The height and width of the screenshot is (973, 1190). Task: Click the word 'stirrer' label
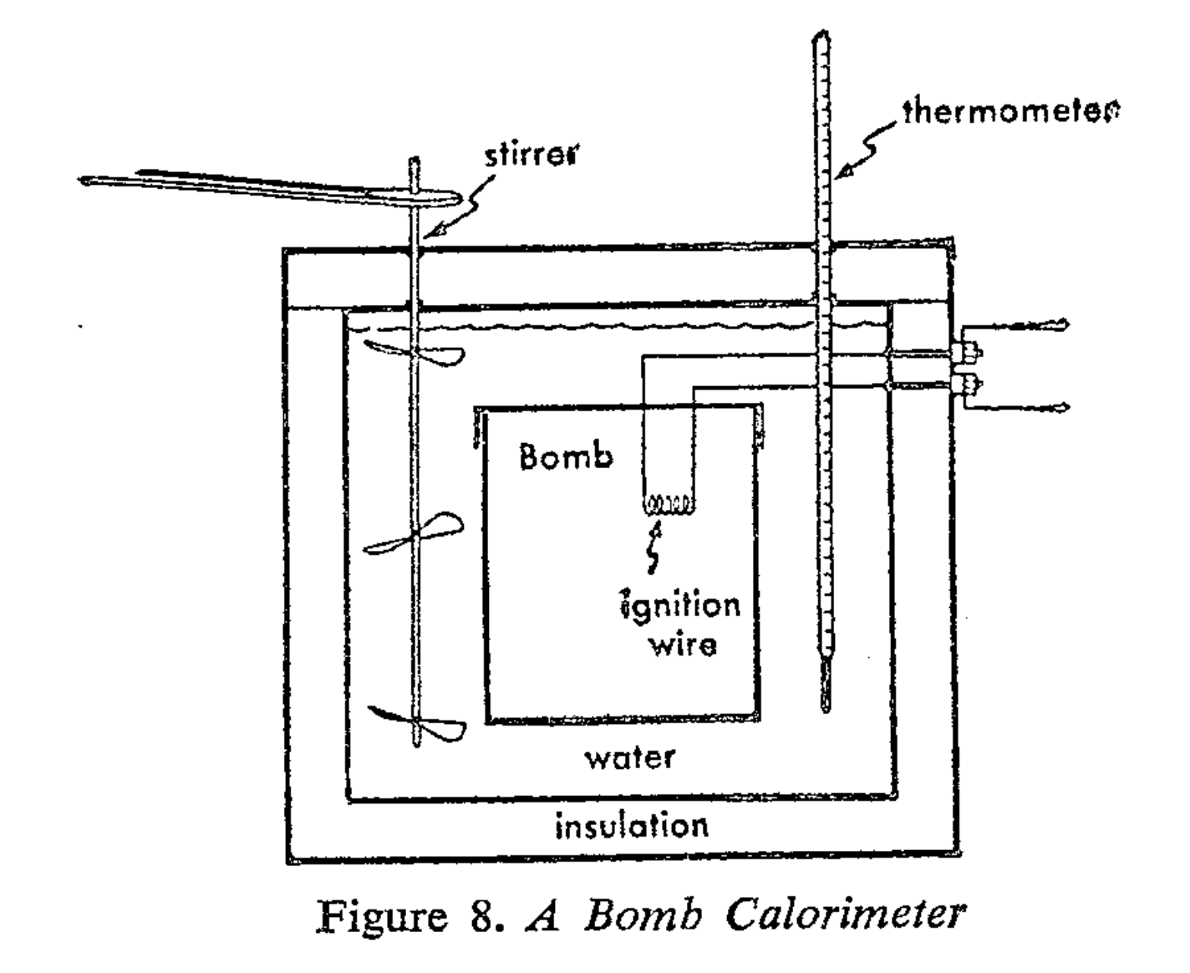tap(531, 155)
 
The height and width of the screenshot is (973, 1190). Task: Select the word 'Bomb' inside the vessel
tap(566, 456)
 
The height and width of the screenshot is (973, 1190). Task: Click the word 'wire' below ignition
tap(682, 644)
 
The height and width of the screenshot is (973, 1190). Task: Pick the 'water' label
tap(629, 757)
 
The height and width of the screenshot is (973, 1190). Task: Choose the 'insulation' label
tap(632, 826)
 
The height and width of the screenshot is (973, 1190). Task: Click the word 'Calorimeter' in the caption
tap(845, 914)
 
